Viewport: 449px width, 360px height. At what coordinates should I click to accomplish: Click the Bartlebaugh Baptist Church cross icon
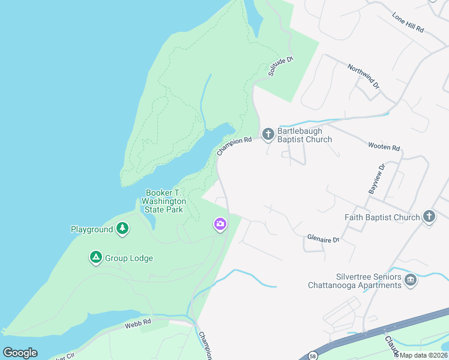coord(268,133)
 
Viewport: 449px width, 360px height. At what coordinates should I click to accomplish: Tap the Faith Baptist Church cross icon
coord(429,217)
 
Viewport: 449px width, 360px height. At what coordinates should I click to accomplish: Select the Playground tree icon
coord(122,229)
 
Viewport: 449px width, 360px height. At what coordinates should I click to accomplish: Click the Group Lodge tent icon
coord(95,258)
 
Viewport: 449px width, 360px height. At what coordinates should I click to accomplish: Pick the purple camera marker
coord(220,224)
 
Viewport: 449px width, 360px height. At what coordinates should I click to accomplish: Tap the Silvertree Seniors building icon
coord(411,280)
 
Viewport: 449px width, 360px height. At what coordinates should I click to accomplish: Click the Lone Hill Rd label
coord(408,23)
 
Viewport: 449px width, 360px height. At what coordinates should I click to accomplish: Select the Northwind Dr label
coord(364,76)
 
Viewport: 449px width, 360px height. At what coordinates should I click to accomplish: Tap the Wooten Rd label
coord(384,147)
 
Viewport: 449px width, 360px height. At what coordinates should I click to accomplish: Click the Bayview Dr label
coord(376,179)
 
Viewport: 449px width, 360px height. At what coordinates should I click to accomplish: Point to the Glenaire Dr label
coord(323,239)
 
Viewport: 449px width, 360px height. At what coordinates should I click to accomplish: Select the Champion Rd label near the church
coord(234,146)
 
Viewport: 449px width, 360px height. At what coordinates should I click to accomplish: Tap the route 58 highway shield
coord(313,356)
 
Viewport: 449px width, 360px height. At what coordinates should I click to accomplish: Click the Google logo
coord(20,353)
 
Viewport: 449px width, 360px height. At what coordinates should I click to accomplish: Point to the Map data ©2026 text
coord(421,355)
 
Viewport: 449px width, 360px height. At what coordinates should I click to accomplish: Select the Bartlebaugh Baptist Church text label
coord(304,135)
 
